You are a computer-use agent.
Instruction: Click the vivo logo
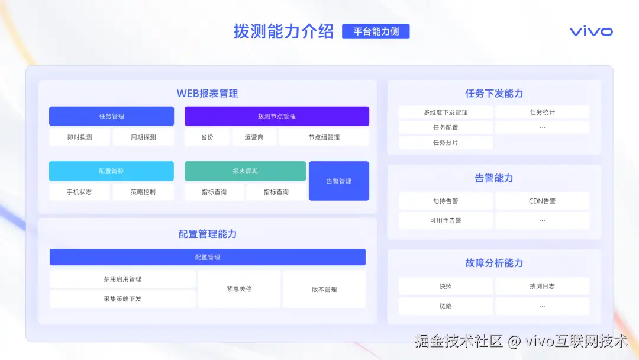pyautogui.click(x=591, y=31)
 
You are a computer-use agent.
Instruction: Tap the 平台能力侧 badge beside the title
pyautogui.click(x=376, y=31)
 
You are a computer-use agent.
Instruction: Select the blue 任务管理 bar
pyautogui.click(x=111, y=116)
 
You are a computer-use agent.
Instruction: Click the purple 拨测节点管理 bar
pyautogui.click(x=276, y=116)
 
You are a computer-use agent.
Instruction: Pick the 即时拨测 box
pyautogui.click(x=79, y=137)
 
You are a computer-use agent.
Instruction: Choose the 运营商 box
pyautogui.click(x=254, y=137)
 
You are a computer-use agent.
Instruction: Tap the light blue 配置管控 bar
pyautogui.click(x=111, y=171)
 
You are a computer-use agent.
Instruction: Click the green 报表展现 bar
pyautogui.click(x=245, y=171)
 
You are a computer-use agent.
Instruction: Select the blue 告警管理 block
pyautogui.click(x=338, y=181)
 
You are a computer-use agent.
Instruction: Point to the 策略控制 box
pyautogui.click(x=143, y=192)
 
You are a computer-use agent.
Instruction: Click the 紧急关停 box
pyautogui.click(x=239, y=289)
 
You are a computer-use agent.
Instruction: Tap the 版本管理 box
pyautogui.click(x=324, y=289)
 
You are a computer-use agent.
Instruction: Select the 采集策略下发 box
pyautogui.click(x=122, y=299)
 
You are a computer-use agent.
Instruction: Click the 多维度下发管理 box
pyautogui.click(x=446, y=112)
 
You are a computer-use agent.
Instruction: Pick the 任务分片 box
pyautogui.click(x=446, y=143)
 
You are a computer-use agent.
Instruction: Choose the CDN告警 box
pyautogui.click(x=542, y=201)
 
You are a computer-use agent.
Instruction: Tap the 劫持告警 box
pyautogui.click(x=446, y=201)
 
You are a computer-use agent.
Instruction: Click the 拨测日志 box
pyautogui.click(x=542, y=286)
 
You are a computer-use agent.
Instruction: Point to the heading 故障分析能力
pyautogui.click(x=494, y=263)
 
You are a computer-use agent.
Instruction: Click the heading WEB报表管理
pyautogui.click(x=207, y=94)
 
